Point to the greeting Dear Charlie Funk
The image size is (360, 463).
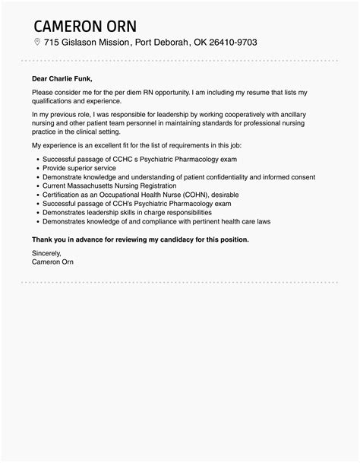tap(65, 77)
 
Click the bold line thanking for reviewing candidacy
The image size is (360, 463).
tap(141, 239)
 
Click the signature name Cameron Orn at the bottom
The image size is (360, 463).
tap(53, 262)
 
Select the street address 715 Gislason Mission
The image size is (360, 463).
tap(87, 42)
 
